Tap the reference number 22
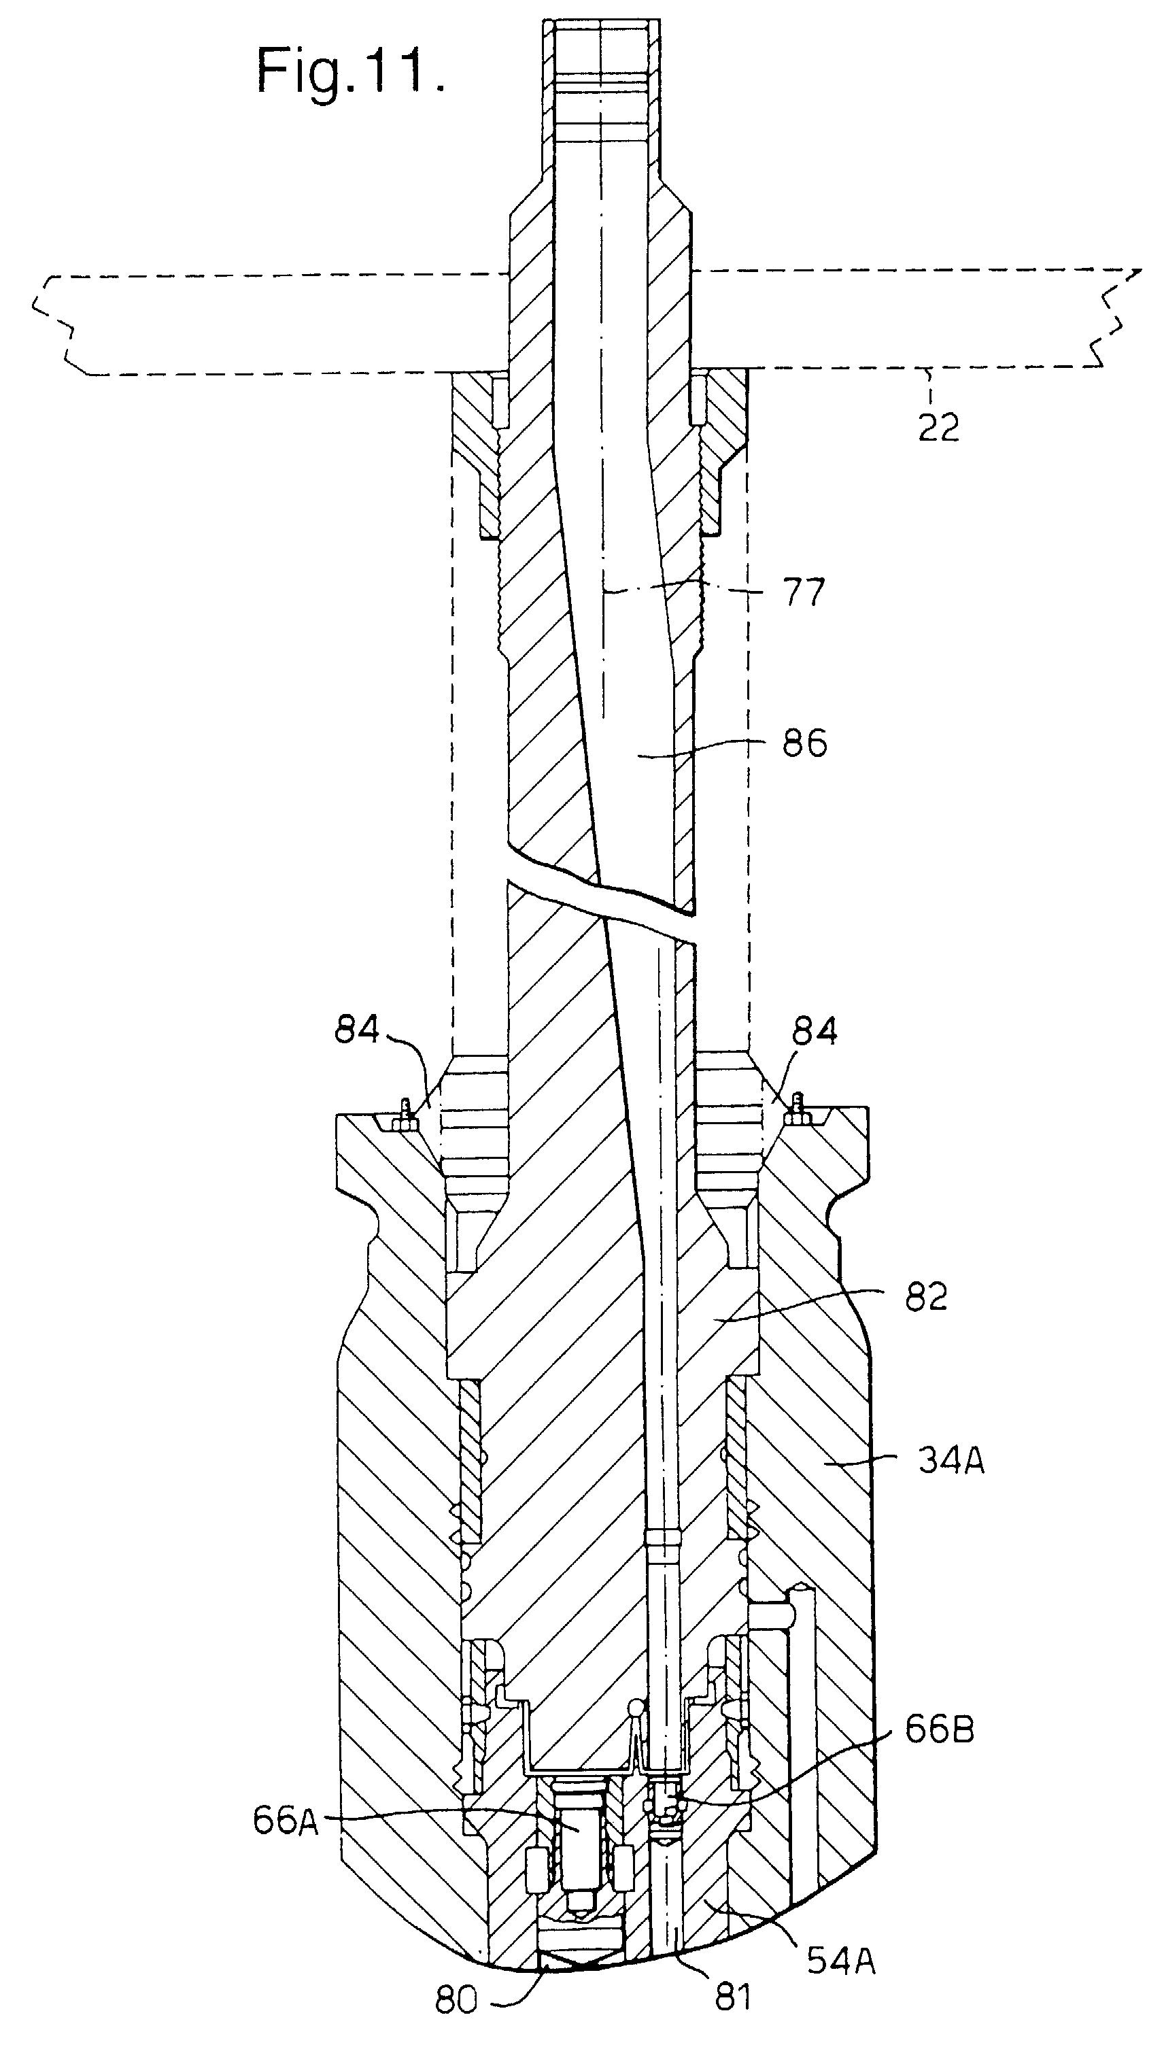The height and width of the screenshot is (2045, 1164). click(938, 428)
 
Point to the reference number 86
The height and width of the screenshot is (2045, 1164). click(804, 743)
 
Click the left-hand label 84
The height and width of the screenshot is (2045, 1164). click(356, 1030)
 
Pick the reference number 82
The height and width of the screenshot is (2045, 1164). click(927, 1297)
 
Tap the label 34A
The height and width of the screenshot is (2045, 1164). click(951, 1461)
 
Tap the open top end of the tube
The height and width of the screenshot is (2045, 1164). click(601, 24)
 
